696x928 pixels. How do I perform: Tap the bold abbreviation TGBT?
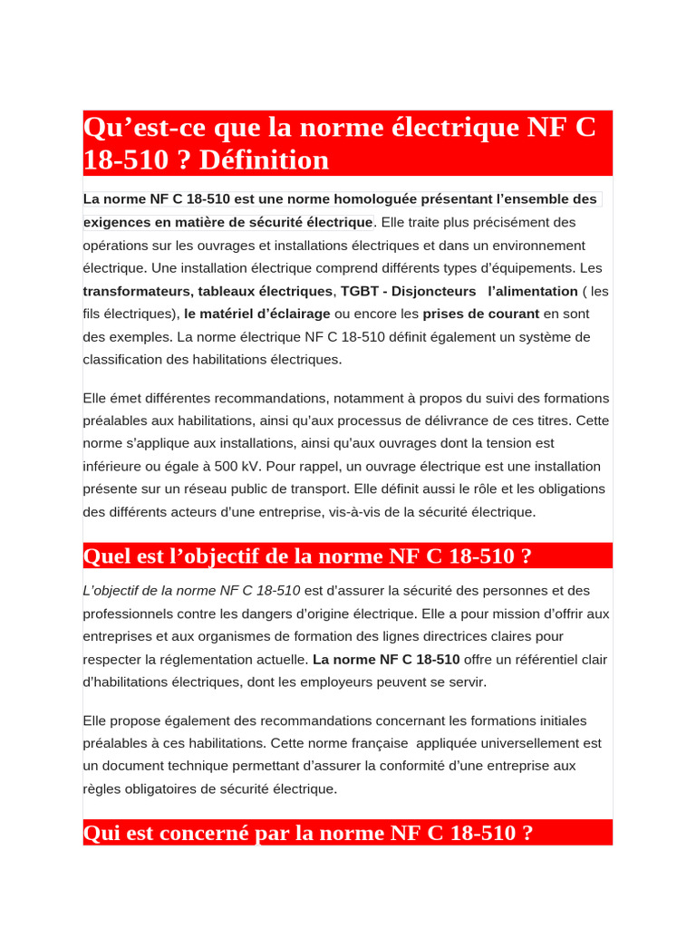356,291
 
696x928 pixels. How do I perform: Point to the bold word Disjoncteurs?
433,291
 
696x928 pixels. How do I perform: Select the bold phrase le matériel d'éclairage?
257,314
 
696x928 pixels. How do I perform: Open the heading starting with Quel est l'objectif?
307,556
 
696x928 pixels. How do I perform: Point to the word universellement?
525,743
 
